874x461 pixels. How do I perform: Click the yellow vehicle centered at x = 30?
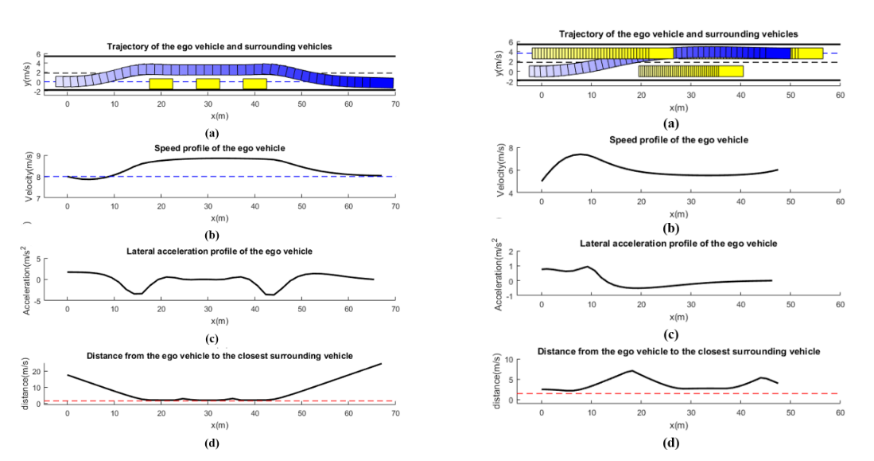[208, 84]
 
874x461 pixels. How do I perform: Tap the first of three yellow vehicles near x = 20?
[161, 84]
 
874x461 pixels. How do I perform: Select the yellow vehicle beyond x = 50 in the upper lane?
[806, 53]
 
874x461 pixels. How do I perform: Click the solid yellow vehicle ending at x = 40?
[731, 71]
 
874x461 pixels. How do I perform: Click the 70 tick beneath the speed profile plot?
[395, 205]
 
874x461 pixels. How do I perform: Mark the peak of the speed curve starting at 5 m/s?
[581, 154]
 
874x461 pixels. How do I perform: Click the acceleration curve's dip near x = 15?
[138, 294]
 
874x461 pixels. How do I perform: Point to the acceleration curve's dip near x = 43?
[270, 295]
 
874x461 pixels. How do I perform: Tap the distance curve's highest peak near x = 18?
[631, 370]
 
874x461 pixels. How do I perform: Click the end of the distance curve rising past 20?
[381, 364]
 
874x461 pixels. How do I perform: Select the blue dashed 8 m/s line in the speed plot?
[239, 176]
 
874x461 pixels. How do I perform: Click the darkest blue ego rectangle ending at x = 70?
[383, 83]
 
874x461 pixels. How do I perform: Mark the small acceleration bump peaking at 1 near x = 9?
[586, 267]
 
